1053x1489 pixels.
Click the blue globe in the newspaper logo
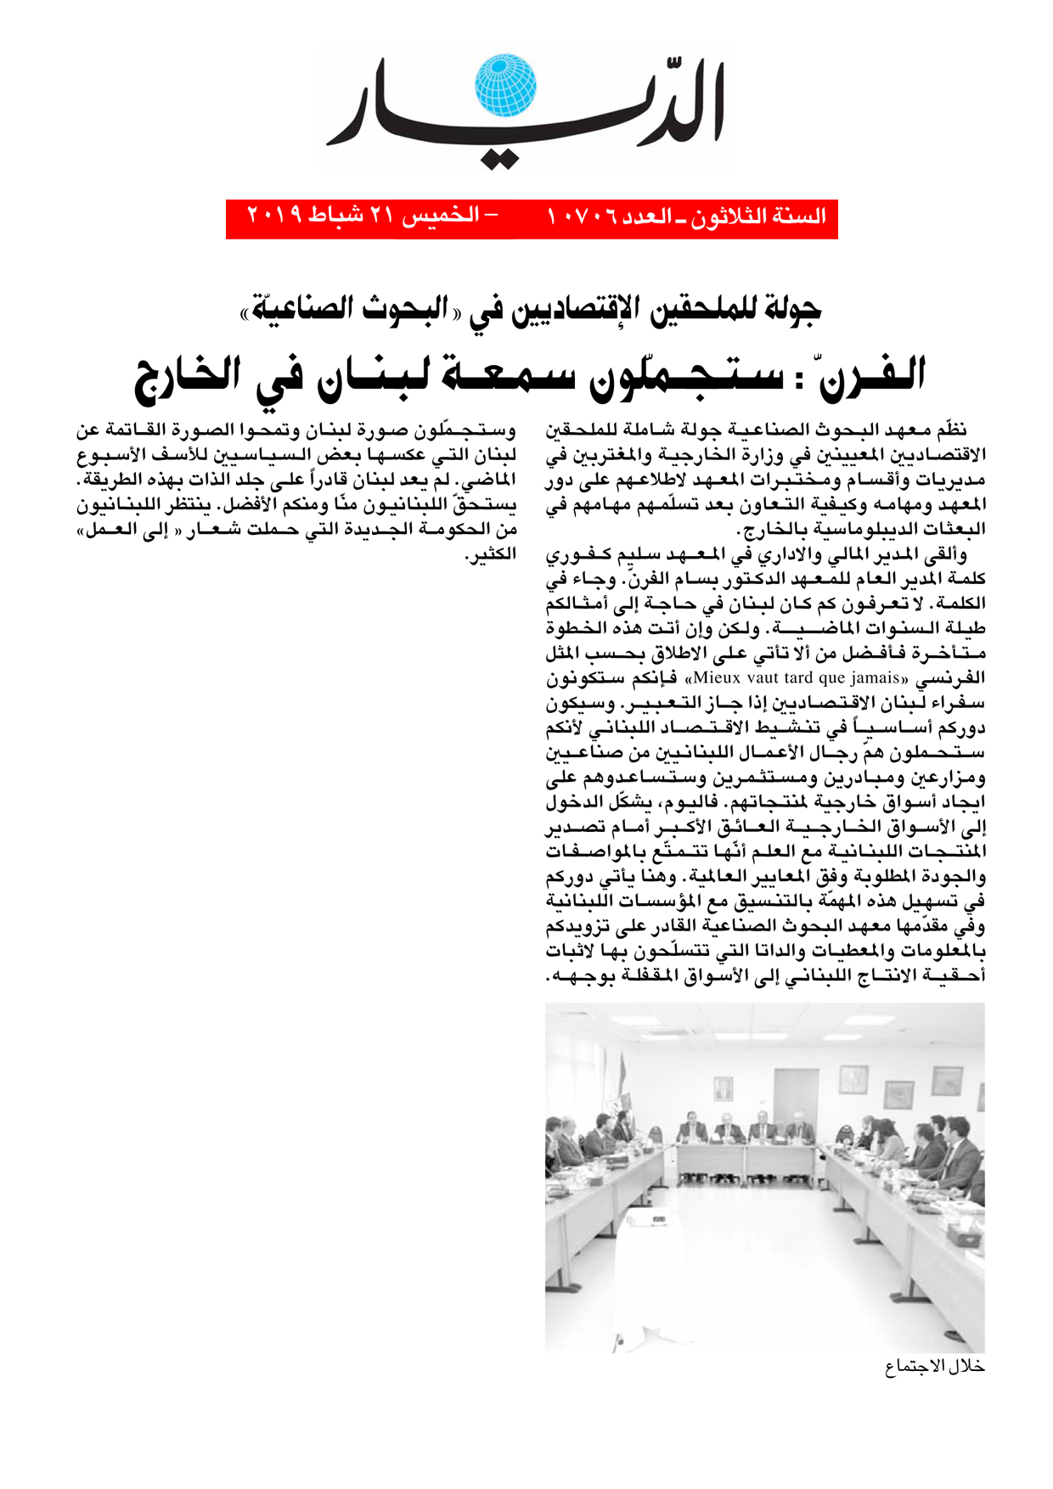click(x=505, y=86)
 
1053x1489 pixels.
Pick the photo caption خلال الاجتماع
click(x=934, y=1367)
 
